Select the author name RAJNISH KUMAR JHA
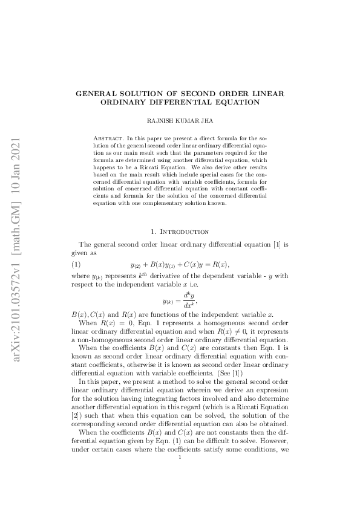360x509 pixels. tap(180, 121)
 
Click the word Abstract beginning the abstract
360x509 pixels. tap(111, 138)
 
